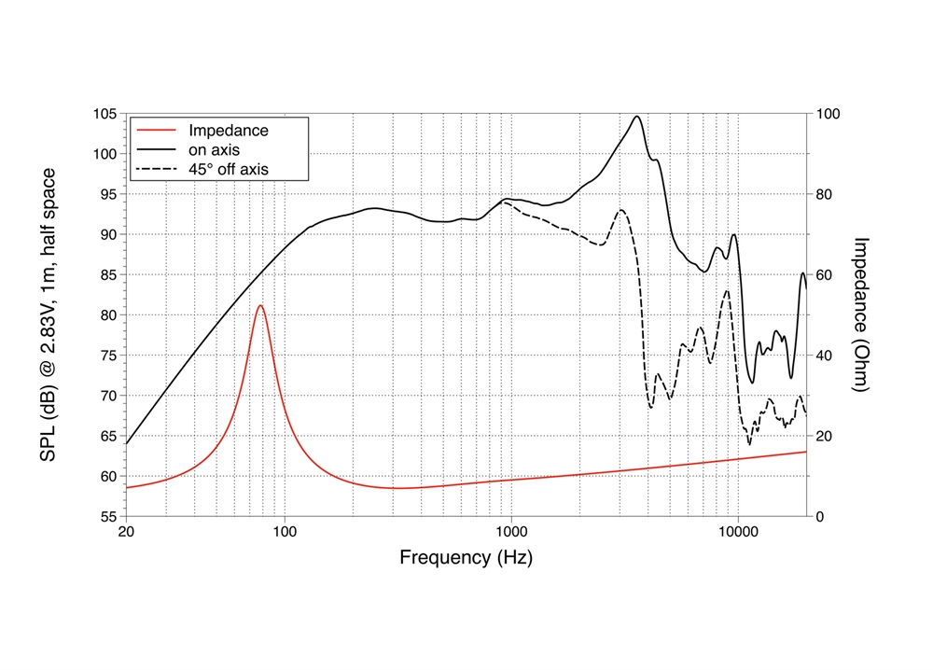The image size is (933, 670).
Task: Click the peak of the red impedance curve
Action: (260, 306)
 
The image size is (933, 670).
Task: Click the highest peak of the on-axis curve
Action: (637, 117)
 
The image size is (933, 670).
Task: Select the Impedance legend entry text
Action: (228, 131)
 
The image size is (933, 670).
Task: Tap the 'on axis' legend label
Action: (216, 150)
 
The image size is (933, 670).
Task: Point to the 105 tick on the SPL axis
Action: (104, 114)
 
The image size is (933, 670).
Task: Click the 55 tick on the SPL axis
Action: (108, 516)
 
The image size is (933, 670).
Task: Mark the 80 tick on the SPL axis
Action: (108, 315)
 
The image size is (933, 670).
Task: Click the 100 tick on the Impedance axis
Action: (828, 114)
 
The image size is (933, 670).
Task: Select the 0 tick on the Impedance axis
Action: (819, 516)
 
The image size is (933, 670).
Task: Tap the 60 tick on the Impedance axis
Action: (824, 275)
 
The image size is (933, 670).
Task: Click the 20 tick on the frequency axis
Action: (126, 532)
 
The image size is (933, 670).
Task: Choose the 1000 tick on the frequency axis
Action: (511, 532)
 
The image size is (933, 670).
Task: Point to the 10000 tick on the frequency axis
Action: (737, 532)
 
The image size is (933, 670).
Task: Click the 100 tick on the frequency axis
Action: (285, 532)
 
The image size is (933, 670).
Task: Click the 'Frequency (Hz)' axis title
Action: (466, 558)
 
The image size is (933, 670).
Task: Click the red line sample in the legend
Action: (156, 131)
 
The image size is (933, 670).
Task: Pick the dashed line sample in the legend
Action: (156, 170)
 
